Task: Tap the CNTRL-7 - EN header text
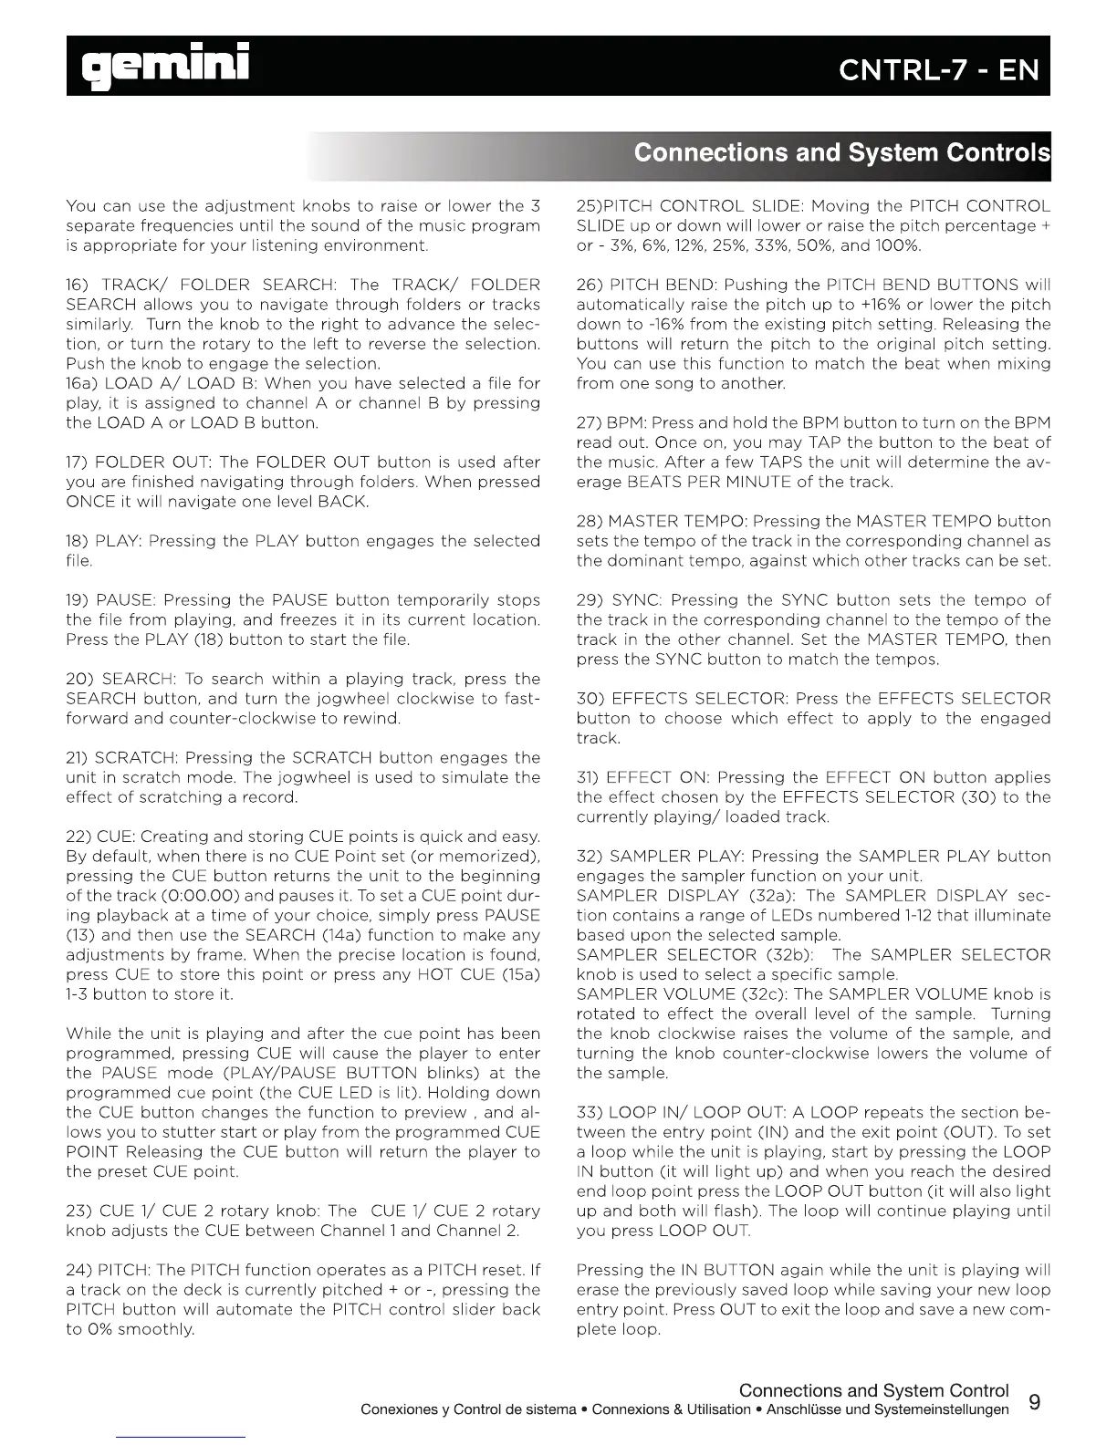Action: pyautogui.click(x=939, y=70)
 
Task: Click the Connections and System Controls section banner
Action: pyautogui.click(x=841, y=151)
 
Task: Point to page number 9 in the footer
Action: pyautogui.click(x=1034, y=1400)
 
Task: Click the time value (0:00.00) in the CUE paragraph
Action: pyautogui.click(x=175, y=895)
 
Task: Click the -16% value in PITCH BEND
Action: pyautogui.click(x=643, y=324)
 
